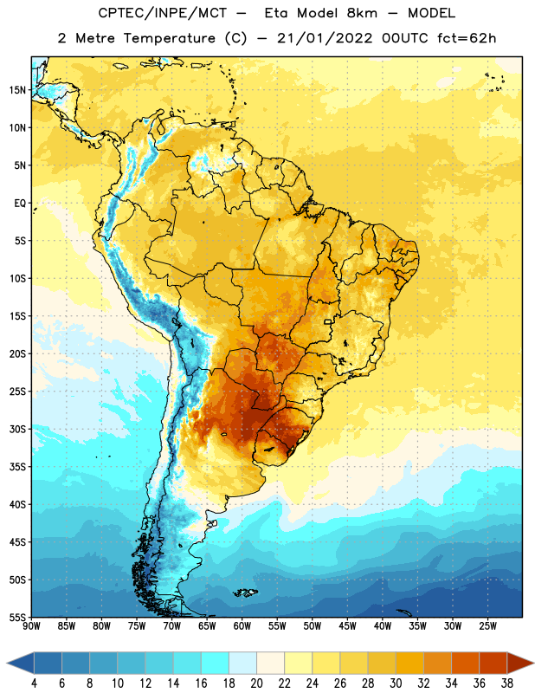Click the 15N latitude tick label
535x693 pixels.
17,90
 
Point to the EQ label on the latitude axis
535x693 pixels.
20,204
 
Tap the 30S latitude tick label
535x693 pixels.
17,429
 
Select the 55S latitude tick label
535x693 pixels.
17,617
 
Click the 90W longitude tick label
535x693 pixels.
31,625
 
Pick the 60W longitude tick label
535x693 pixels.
242,625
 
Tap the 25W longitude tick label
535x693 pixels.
487,625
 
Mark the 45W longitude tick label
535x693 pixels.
347,625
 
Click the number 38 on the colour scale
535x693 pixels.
507,683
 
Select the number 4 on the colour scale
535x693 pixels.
34,683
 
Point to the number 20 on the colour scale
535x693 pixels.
256,683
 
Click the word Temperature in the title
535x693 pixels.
169,38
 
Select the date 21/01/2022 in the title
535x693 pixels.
325,38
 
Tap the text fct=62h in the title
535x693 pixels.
467,38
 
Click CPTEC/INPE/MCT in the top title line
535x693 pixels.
162,13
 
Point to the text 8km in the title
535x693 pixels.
362,13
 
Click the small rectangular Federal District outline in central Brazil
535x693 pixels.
328,321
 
